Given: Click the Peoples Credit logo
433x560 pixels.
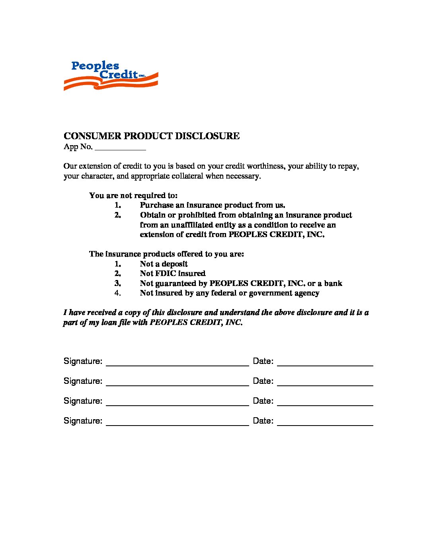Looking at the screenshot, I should pyautogui.click(x=111, y=76).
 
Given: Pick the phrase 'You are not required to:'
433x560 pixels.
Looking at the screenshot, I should pyautogui.click(x=133, y=196).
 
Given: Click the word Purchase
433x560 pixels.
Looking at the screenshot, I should pyautogui.click(x=157, y=205).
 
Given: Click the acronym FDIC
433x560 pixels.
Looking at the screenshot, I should pyautogui.click(x=166, y=274).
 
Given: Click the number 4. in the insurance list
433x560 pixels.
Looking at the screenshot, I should pyautogui.click(x=117, y=293).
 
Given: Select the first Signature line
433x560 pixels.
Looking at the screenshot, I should pyautogui.click(x=177, y=363).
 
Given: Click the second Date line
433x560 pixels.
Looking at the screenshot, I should pyautogui.click(x=325, y=383).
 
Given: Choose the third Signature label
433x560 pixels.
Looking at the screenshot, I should pyautogui.click(x=83, y=401).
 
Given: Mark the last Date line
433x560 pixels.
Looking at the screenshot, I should pyautogui.click(x=325, y=422).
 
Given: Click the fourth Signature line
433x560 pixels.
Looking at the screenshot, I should pyautogui.click(x=177, y=422).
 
